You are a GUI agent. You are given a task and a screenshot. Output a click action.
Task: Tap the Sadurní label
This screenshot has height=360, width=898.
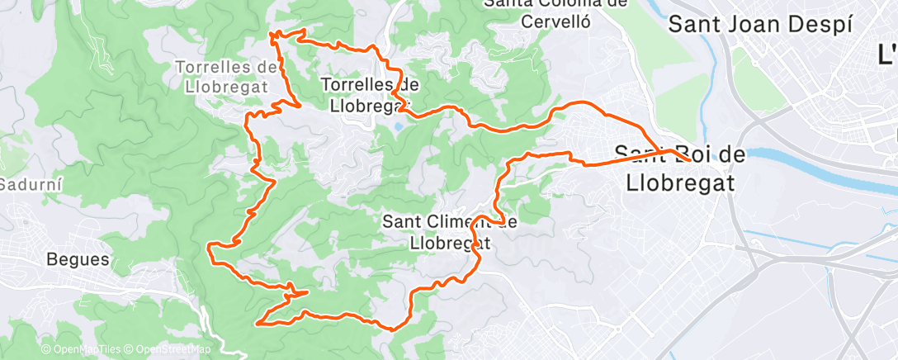[26, 183]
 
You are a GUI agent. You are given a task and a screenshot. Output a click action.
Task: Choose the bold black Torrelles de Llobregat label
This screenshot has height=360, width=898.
[370, 95]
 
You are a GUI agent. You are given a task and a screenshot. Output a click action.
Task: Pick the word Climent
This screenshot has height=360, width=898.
[464, 221]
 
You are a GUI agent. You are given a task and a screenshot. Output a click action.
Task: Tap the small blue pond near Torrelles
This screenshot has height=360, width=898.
[399, 128]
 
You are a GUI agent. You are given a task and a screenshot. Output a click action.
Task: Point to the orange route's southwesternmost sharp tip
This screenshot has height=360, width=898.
[259, 323]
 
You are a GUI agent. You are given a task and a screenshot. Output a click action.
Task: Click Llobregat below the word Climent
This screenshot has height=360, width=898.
[451, 243]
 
